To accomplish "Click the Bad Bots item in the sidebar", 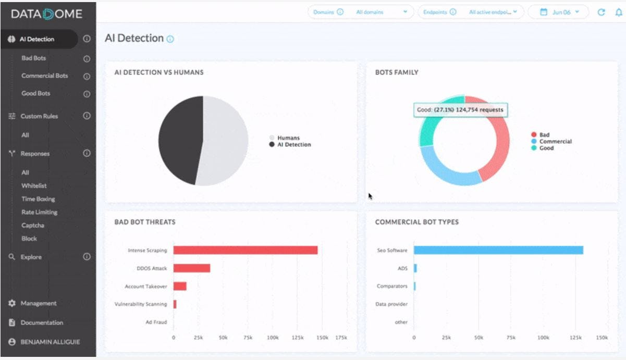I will coord(34,58).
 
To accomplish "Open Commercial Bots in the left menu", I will coord(44,76).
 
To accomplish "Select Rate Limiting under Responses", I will coord(39,212).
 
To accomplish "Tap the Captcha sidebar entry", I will coord(32,226).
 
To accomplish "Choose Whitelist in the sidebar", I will coord(34,185).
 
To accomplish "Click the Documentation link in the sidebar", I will coord(41,322).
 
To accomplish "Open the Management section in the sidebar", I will coord(38,303).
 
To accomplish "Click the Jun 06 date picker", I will coord(559,12).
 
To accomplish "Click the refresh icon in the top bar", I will coord(601,12).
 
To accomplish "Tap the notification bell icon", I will coord(619,12).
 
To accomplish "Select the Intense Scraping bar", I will coord(245,250).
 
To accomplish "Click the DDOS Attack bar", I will coord(191,268).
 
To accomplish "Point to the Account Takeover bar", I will coord(180,286).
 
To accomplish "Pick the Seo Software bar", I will coord(498,250).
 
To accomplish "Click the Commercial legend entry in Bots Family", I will coord(555,142).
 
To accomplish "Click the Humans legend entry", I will coord(288,138).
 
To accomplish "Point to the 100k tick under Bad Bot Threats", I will coord(273,338).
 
